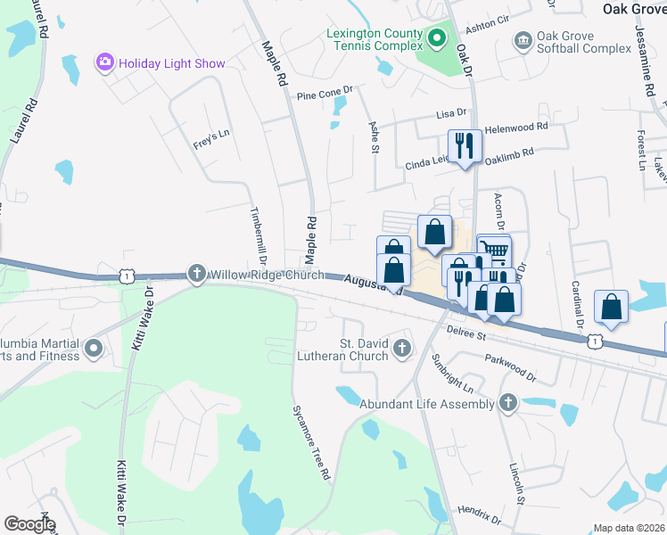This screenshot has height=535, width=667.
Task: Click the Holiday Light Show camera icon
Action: (x=106, y=62)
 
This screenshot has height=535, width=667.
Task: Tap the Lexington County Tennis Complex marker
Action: (x=437, y=38)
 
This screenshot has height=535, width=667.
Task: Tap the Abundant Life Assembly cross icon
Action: (x=508, y=403)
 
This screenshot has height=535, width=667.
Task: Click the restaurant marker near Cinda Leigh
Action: (x=465, y=145)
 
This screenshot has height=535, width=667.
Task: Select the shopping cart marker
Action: (x=496, y=249)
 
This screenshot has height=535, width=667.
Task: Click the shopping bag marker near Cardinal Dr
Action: (x=612, y=306)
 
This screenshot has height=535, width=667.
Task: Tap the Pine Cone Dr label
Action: (x=325, y=92)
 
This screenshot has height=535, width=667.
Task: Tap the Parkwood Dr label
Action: (x=511, y=366)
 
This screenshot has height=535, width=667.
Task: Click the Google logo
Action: (x=29, y=524)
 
